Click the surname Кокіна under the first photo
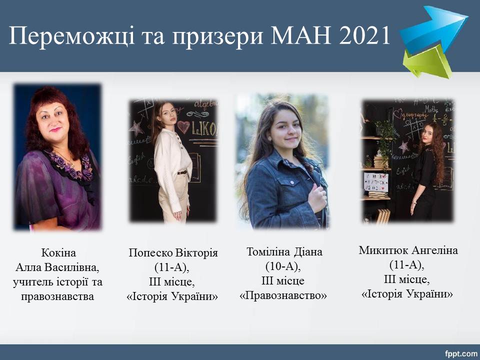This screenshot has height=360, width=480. pyautogui.click(x=58, y=253)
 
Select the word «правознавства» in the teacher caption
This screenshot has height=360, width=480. pyautogui.click(x=57, y=296)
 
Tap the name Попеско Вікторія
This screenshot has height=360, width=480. pyautogui.click(x=173, y=253)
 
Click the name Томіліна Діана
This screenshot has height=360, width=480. pyautogui.click(x=284, y=251)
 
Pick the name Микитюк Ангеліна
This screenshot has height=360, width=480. pyautogui.click(x=408, y=250)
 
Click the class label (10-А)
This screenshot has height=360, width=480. pyautogui.click(x=283, y=266)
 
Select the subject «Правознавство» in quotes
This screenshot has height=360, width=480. pyautogui.click(x=283, y=295)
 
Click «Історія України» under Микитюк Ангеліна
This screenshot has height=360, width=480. pyautogui.click(x=407, y=294)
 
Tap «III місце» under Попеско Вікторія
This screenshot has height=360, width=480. pyautogui.click(x=171, y=281)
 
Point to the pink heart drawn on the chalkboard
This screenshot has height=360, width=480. pyautogui.click(x=183, y=126)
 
